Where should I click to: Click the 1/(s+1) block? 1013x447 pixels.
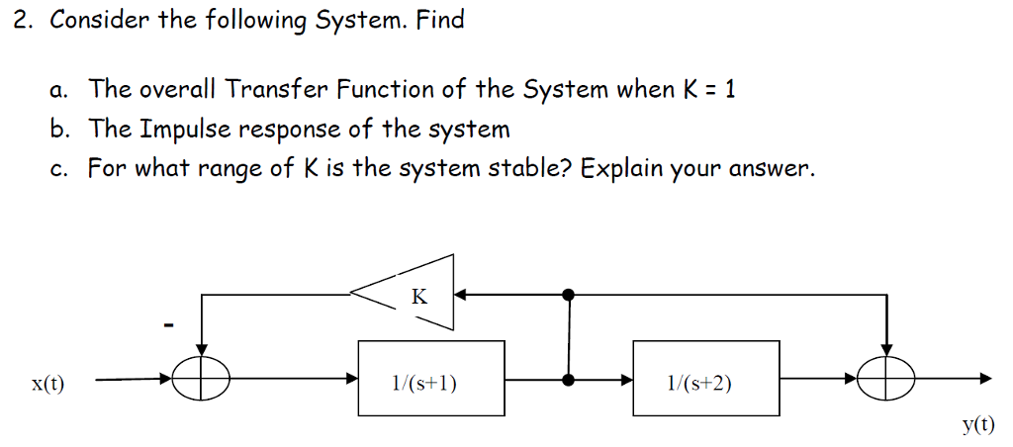pyautogui.click(x=430, y=381)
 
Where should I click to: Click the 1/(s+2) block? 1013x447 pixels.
pyautogui.click(x=706, y=381)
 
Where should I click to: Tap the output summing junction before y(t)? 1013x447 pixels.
pyautogui.click(x=886, y=379)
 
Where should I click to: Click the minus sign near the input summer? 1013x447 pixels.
pyautogui.click(x=168, y=323)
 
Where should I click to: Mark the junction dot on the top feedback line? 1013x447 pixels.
pyautogui.click(x=569, y=294)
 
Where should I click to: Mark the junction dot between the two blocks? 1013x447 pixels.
pyautogui.click(x=569, y=379)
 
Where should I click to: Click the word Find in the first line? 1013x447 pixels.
pyautogui.click(x=439, y=20)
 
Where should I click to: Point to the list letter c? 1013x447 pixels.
pyautogui.click(x=57, y=168)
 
